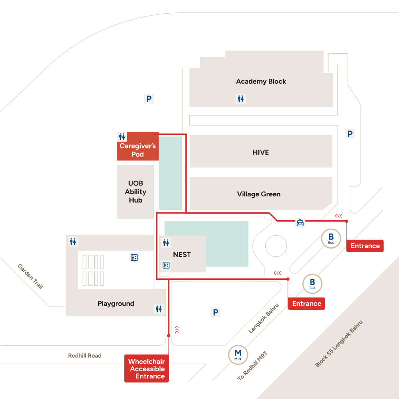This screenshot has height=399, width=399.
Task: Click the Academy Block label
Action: pos(261,81)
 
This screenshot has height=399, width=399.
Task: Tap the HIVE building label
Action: pos(261,152)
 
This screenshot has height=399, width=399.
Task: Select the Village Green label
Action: pos(259,194)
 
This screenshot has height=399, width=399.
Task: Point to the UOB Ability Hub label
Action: pos(135,192)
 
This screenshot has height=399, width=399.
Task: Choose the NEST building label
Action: pos(182,254)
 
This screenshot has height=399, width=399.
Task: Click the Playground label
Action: pos(116,304)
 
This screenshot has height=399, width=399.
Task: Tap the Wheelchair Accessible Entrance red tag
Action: pos(147,369)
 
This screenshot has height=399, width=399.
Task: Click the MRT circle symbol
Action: pos(238,355)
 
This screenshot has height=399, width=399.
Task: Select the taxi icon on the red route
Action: pos(300,222)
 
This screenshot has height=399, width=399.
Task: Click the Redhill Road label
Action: pos(85,355)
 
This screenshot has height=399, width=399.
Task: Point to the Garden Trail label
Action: pos(30,276)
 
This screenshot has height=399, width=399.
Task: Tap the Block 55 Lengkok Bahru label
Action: pos(339,344)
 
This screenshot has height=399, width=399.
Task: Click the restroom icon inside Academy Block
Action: pos(241,99)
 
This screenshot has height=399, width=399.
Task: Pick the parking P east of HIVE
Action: pos(350,134)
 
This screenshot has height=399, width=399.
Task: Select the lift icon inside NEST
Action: pos(166,265)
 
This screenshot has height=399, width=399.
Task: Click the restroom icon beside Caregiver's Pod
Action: pos(122,137)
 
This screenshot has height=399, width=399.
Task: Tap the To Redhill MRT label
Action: pos(252,365)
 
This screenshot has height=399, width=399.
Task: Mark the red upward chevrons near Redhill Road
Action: pos(177,330)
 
